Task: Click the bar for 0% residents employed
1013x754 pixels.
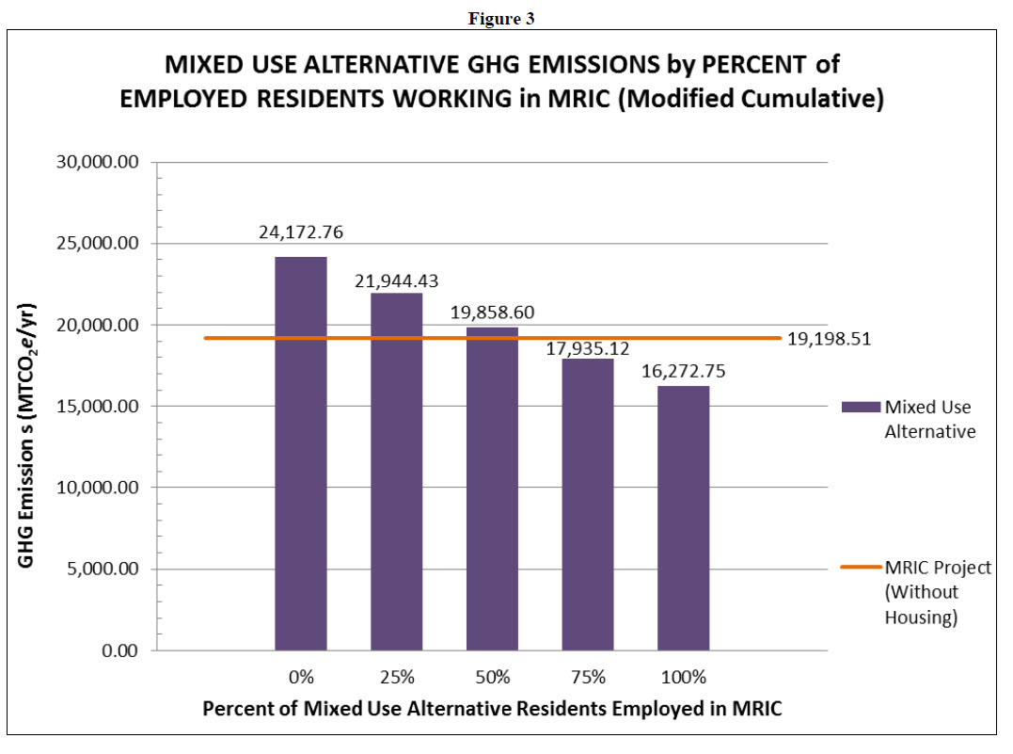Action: [301, 453]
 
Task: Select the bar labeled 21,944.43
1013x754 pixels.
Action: [397, 471]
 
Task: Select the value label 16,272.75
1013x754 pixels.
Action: [683, 372]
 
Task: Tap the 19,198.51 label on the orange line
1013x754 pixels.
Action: [830, 339]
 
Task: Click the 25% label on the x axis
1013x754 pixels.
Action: [397, 678]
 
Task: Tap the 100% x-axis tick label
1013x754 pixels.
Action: [684, 678]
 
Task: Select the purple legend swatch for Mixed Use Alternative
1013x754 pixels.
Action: [860, 407]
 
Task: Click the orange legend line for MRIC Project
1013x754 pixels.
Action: [860, 568]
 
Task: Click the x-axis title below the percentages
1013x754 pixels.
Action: [492, 711]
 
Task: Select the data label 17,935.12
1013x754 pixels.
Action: [588, 350]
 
